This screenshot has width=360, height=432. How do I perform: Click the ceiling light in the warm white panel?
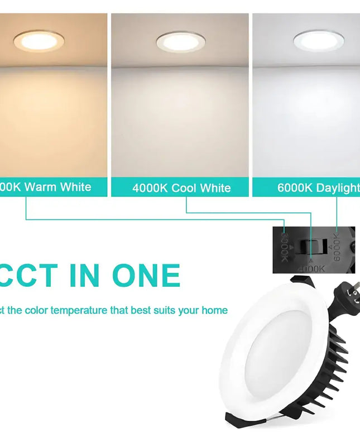tap(37, 41)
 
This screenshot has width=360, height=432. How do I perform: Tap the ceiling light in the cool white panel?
tap(180, 41)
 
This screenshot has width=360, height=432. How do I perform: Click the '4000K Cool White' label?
tap(181, 188)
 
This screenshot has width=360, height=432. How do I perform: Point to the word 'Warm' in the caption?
tap(41, 186)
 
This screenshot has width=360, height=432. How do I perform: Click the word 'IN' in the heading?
tap(84, 275)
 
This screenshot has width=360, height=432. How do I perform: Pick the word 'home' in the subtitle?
tap(214, 310)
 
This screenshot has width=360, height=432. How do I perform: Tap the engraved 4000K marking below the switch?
tap(310, 268)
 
